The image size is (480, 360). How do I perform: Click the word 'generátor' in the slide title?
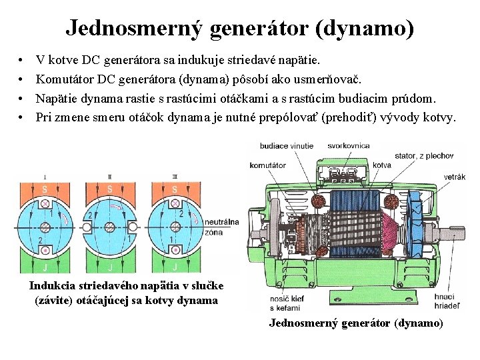pyautogui.click(x=259, y=28)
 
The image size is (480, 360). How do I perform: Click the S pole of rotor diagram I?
pyautogui.click(x=45, y=190)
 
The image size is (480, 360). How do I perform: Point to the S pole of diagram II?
pyautogui.click(x=109, y=190)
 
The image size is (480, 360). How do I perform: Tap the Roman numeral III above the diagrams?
pyautogui.click(x=175, y=177)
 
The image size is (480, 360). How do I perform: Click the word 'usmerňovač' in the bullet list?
pyautogui.click(x=329, y=79)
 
